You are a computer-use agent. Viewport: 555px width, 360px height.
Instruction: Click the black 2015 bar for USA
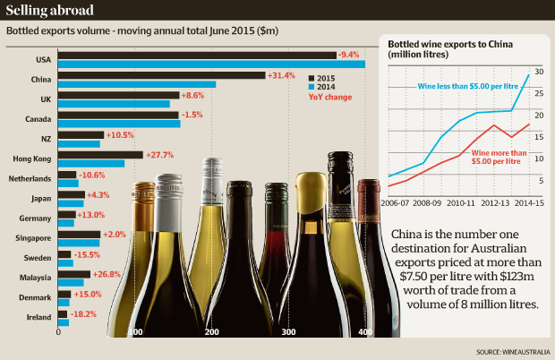click(197, 56)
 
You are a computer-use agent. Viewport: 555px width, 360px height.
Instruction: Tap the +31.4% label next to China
click(281, 75)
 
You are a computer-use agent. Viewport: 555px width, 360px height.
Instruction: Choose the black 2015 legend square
click(312, 78)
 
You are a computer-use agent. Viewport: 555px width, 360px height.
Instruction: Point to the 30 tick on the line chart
click(539, 71)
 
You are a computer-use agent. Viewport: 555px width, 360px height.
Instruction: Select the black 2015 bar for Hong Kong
click(99, 154)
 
